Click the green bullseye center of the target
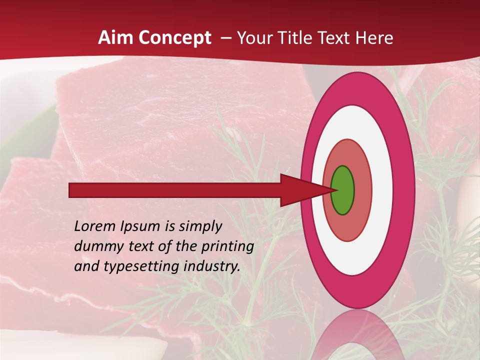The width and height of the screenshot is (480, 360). (343, 190)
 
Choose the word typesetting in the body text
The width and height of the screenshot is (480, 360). (138, 267)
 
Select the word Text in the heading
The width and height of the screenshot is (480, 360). (337, 38)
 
